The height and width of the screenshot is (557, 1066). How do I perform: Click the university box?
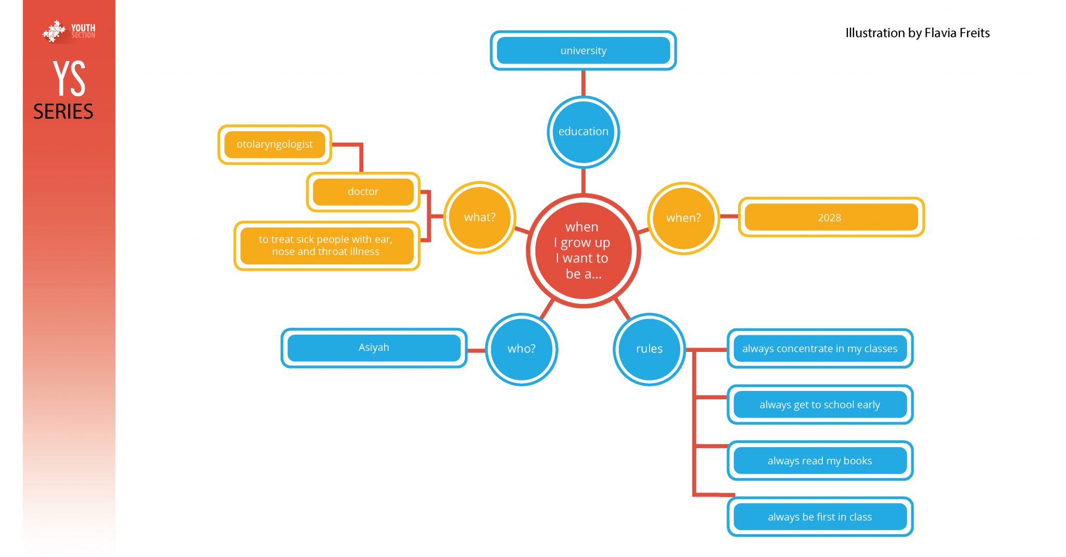coord(583,50)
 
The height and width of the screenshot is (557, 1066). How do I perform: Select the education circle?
coord(583,132)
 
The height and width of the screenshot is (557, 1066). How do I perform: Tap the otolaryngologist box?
coord(274,144)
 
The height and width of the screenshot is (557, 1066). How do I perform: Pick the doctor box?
coord(363,192)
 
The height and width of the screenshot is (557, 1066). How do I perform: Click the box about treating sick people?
coord(326,245)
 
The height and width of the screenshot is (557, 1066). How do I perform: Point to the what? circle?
coord(479,217)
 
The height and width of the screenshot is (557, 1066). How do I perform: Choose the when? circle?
coord(683,218)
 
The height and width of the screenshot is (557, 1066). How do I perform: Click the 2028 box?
coord(830,217)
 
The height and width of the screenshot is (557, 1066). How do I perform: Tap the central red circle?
coord(583,250)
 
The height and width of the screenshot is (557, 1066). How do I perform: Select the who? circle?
coord(521,349)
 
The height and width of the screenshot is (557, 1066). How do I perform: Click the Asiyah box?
coord(374,347)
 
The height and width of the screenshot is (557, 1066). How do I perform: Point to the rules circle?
coord(649,349)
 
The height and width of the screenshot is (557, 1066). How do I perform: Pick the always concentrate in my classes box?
coord(819,348)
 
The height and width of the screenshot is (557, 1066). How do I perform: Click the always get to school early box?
coord(819,404)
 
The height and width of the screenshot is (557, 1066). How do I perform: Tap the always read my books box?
coord(819,461)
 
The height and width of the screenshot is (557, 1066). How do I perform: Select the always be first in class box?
coord(819,517)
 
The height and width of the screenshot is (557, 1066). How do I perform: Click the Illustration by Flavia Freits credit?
coord(917,33)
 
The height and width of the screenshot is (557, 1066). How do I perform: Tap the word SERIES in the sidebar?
coord(64,111)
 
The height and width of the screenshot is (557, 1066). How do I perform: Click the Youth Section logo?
coord(69,31)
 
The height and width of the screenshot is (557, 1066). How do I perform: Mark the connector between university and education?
coord(583,83)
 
